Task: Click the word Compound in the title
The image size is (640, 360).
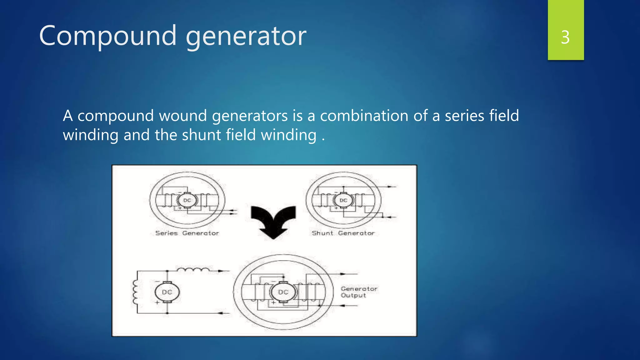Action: [x=108, y=36]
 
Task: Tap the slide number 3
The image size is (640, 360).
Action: [x=565, y=37]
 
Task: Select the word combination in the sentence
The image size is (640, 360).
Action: [x=364, y=116]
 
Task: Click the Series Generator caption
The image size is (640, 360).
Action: [x=187, y=233]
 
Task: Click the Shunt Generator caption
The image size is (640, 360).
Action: [x=343, y=233]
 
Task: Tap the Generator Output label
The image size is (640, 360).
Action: [x=359, y=292]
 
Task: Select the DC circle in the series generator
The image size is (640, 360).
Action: [x=187, y=200]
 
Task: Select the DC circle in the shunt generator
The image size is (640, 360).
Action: [x=343, y=200]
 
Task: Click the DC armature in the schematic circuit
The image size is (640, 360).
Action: [x=167, y=292]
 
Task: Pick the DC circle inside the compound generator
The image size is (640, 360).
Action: [x=283, y=292]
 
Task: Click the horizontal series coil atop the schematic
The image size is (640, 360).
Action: [x=193, y=269]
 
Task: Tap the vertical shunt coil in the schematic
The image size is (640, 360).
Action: [x=135, y=292]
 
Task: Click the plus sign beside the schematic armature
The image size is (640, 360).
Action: [x=157, y=302]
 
